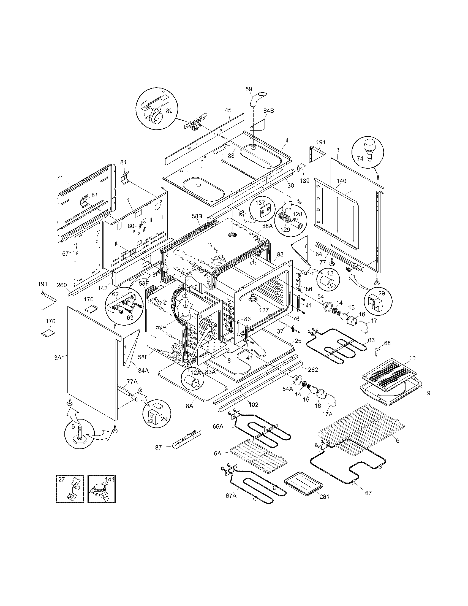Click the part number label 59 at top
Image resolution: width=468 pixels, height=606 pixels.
pos(249,89)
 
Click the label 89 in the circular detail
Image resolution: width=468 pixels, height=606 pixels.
pos(169,110)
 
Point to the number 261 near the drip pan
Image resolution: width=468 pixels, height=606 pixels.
pos(324,496)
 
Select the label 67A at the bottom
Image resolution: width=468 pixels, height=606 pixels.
pos(231,496)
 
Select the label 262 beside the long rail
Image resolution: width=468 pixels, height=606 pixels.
pos(312,370)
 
